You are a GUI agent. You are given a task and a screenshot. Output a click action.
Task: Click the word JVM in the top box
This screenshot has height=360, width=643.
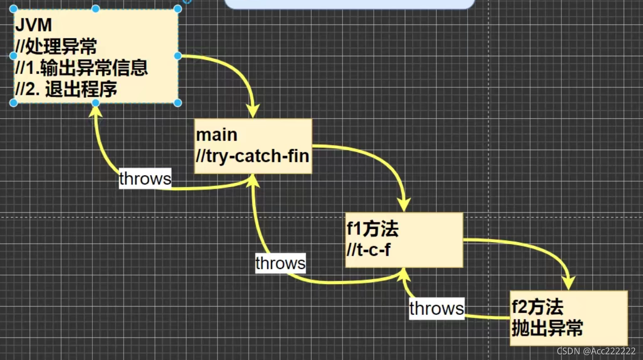(33, 25)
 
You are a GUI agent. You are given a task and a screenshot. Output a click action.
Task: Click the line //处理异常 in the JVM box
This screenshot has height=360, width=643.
(56, 46)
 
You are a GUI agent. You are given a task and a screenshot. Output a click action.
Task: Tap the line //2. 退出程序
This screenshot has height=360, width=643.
(66, 89)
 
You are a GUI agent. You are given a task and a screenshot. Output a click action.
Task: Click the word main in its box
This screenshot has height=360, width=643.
(217, 135)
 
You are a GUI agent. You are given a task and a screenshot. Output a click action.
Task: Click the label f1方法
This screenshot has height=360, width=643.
(372, 229)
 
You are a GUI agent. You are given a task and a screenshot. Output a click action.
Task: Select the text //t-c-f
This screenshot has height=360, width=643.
(369, 250)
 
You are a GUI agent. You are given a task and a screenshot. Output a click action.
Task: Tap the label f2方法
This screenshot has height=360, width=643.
(537, 307)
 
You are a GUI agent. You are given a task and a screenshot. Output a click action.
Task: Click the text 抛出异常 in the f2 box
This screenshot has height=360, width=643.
(547, 328)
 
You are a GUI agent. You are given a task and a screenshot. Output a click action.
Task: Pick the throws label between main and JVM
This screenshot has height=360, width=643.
(145, 179)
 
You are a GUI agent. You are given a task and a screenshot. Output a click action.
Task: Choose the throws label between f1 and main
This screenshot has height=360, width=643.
(280, 263)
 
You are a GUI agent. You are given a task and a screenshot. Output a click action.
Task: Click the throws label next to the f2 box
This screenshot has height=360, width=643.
(437, 308)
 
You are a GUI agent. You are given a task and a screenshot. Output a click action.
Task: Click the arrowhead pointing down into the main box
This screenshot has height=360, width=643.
(253, 113)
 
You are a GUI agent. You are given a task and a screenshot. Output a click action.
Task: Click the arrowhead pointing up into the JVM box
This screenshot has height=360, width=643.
(96, 110)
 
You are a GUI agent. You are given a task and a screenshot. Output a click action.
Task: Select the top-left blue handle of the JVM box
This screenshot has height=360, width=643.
(14, 9)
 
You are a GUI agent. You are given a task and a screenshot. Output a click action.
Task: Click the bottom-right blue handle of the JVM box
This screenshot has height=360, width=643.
(178, 103)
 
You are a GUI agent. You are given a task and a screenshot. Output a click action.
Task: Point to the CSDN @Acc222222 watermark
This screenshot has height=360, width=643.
(596, 351)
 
